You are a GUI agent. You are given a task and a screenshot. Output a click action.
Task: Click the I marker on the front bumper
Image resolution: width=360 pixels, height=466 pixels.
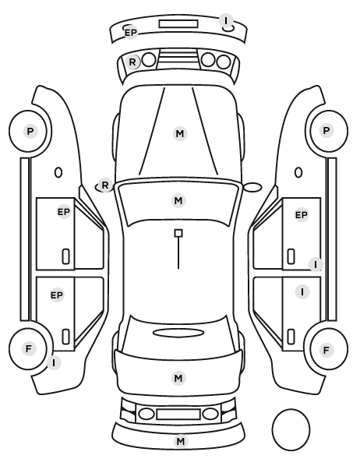point(226,21)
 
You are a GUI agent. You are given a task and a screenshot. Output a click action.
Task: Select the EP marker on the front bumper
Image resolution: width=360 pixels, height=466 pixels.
point(130,33)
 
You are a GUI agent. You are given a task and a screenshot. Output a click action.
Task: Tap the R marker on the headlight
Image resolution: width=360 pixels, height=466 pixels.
point(132,62)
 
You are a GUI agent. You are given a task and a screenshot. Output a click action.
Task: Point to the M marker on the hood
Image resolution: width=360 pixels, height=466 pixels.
point(180,134)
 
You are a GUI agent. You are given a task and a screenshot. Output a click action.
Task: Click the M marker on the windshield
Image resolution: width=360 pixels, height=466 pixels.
point(178,200)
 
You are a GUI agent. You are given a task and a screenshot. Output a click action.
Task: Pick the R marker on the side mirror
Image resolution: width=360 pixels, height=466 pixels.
point(105,185)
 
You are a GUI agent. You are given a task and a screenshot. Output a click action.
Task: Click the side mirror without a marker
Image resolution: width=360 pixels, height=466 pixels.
point(252,187)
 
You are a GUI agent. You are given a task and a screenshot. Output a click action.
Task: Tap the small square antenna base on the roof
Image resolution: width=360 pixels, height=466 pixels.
point(178,233)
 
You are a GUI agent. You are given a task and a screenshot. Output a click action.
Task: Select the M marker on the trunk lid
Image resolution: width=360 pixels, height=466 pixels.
point(178,378)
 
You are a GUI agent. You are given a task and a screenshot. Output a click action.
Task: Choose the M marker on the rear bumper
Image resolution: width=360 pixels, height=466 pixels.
point(181,441)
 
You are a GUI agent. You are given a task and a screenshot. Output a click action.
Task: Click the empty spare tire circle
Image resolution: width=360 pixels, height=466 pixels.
point(291,429)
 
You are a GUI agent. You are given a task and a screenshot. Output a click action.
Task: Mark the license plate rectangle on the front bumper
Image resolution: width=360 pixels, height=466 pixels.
point(178,24)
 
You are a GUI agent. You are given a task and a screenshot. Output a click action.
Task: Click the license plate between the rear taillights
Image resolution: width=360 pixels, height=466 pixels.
point(178,414)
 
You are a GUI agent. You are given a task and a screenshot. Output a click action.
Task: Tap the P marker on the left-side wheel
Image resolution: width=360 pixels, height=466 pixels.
point(30,131)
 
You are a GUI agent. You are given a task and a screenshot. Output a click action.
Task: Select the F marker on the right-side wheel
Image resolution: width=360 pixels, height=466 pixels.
point(326,350)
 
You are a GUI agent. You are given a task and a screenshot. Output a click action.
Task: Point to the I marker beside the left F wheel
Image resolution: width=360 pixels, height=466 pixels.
point(54,363)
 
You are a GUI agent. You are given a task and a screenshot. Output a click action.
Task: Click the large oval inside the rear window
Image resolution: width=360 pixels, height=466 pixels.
point(178,333)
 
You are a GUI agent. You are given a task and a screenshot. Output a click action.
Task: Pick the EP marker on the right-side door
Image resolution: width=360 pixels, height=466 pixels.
point(301,214)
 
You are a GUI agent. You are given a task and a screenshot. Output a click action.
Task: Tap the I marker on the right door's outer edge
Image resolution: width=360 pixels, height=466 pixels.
point(316,264)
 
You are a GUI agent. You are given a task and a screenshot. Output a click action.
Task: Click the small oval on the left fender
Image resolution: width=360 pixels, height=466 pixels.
point(58,172)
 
